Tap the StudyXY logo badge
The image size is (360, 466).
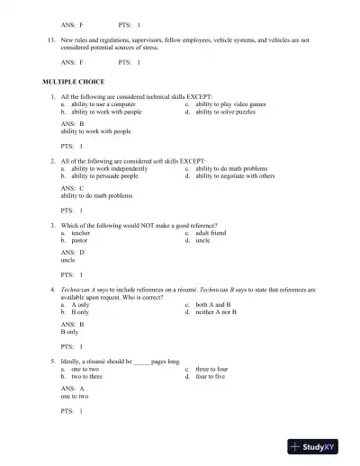click(319, 445)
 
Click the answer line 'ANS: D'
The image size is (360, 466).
click(72, 253)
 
